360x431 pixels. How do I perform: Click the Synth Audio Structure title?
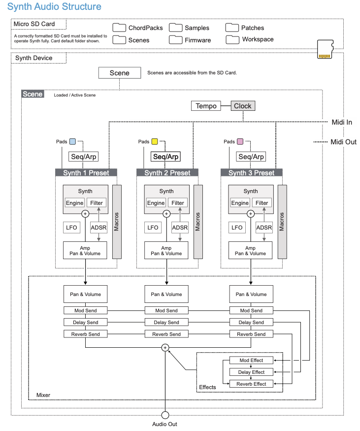54,7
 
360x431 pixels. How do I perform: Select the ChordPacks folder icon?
119,28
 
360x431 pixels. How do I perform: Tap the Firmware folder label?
197,40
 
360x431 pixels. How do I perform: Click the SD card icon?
324,49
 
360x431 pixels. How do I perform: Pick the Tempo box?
206,106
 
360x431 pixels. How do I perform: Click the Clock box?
243,106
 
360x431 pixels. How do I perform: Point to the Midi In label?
342,122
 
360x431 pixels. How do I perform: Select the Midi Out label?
343,142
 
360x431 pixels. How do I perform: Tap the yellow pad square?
155,142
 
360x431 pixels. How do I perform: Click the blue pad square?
72,142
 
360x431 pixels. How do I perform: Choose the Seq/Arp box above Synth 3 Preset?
251,157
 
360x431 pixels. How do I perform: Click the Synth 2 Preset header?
167,173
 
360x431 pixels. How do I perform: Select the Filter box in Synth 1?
97,203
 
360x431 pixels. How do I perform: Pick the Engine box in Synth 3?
240,203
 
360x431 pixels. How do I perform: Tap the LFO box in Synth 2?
153,228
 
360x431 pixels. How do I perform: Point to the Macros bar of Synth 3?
282,222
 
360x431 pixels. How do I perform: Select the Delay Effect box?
252,372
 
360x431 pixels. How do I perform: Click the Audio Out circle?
165,415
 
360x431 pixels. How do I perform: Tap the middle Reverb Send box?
166,334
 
